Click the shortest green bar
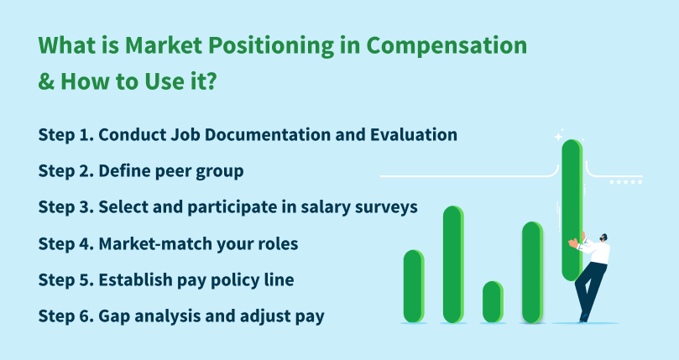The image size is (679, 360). [x=493, y=302]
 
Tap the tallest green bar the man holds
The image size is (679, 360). [x=572, y=210]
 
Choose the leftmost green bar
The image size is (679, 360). [x=414, y=285]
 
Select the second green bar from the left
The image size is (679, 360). [x=453, y=264]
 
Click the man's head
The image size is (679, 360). [x=604, y=239]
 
